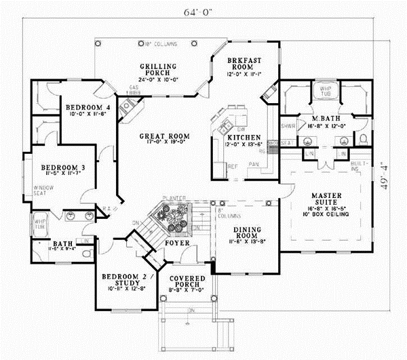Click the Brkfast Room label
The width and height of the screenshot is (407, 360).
(x=243, y=62)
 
